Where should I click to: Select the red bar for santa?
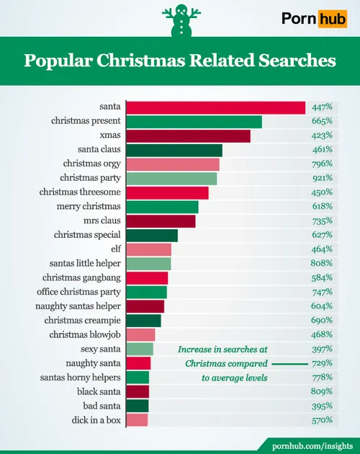click(216, 107)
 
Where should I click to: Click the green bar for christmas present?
click(194, 122)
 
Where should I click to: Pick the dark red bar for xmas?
click(188, 135)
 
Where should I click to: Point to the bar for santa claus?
click(174, 150)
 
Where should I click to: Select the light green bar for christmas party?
click(171, 178)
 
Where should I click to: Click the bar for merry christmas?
click(162, 207)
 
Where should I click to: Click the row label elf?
click(114, 249)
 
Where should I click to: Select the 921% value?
click(322, 178)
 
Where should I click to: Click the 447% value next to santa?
click(322, 107)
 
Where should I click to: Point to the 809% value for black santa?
click(322, 391)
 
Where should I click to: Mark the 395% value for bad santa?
click(322, 406)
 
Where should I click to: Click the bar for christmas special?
click(152, 235)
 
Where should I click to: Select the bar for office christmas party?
click(146, 292)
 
